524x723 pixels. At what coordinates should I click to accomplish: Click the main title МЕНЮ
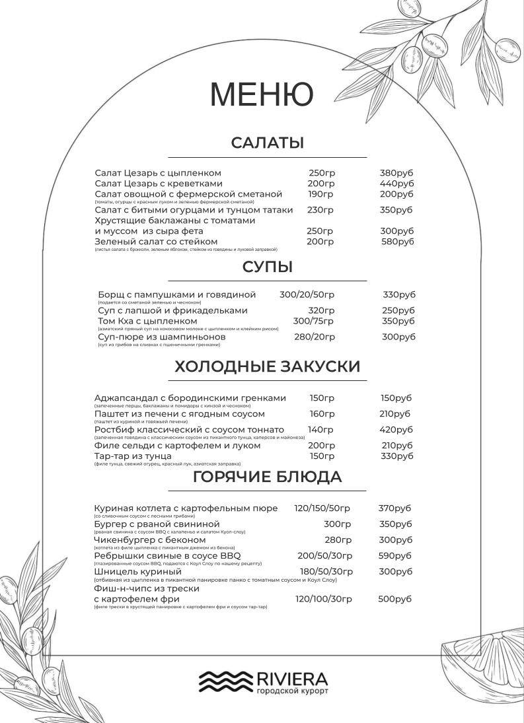point(262,94)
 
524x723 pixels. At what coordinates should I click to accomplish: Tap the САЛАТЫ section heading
point(267,143)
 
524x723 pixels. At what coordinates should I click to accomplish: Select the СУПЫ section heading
point(267,267)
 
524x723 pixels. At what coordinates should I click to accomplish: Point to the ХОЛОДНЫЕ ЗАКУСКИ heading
point(267,366)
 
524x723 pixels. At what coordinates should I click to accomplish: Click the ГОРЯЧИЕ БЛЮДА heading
point(267,477)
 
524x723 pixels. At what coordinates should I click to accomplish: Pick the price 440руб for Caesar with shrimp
point(396,184)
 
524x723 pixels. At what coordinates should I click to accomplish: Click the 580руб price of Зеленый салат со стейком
point(397,242)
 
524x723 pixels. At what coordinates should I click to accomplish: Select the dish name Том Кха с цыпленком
point(147,321)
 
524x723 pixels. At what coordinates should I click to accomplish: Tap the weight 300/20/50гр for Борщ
point(307,294)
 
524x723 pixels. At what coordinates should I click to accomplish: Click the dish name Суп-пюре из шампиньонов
point(161,337)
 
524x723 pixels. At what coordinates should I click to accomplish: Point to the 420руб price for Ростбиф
point(396,430)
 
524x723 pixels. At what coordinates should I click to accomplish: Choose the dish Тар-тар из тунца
point(133,456)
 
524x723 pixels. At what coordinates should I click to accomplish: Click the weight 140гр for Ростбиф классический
point(320,430)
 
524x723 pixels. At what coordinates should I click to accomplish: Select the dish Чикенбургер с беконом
point(150,540)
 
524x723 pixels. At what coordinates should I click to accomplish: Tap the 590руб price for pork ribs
point(394,556)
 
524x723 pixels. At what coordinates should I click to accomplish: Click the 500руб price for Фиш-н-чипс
point(394,599)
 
